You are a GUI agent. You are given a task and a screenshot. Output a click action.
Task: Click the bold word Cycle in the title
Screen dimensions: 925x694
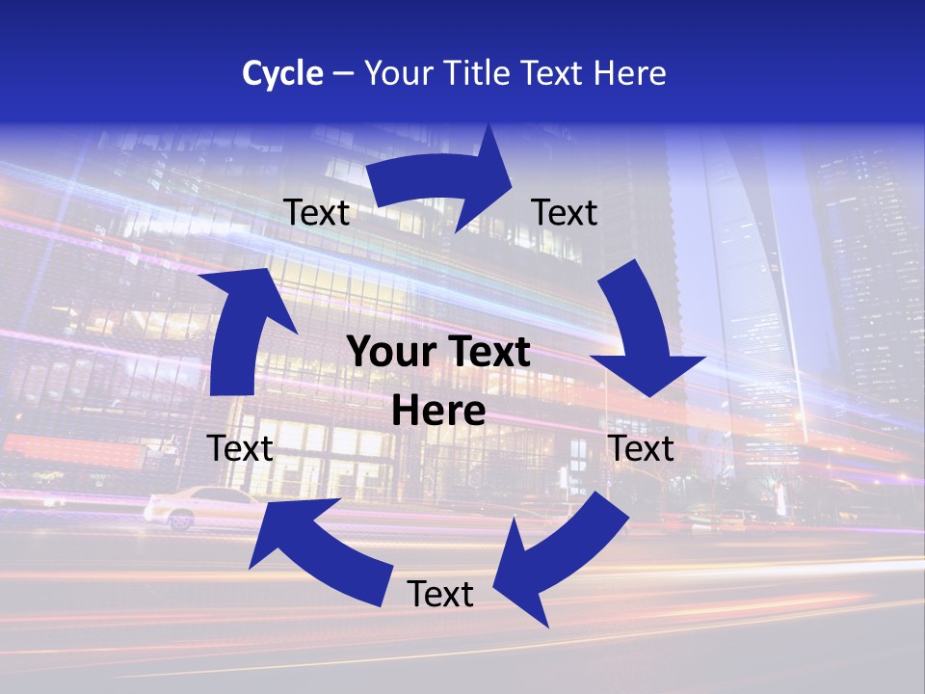(282, 73)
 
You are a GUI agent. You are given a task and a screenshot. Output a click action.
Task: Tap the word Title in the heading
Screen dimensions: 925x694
(481, 73)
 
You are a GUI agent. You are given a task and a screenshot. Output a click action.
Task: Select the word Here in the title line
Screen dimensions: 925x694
(629, 73)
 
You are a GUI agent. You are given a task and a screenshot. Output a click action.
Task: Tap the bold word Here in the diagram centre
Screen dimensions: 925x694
(438, 412)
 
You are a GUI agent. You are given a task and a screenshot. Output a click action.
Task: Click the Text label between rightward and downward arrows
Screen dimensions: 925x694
(565, 212)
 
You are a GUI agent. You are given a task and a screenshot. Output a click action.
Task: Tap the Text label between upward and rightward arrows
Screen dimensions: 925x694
(317, 213)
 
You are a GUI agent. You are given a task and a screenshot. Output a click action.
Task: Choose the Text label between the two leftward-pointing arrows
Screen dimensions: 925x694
(440, 594)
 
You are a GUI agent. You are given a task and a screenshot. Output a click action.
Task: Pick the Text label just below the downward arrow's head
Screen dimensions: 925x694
(642, 448)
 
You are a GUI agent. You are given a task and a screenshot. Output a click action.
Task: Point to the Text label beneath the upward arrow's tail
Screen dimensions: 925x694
(240, 448)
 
